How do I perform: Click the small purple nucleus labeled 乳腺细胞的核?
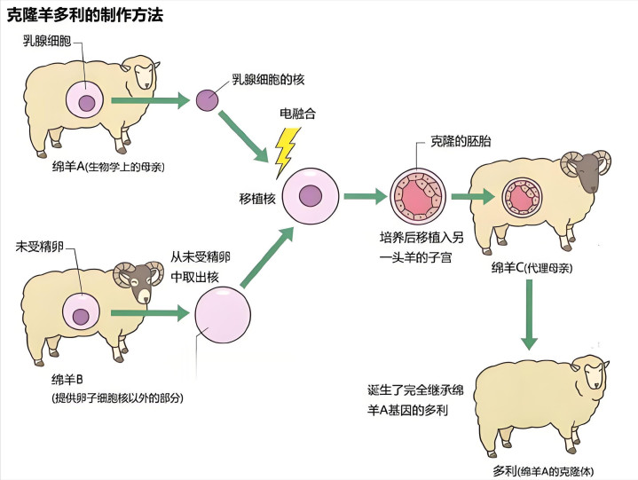(x=206, y=99)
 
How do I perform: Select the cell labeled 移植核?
(x=309, y=195)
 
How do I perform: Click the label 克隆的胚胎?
(x=461, y=141)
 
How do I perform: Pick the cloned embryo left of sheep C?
(x=414, y=195)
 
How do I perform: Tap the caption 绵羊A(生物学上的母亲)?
(x=109, y=166)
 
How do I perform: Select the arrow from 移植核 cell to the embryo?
(x=362, y=195)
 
